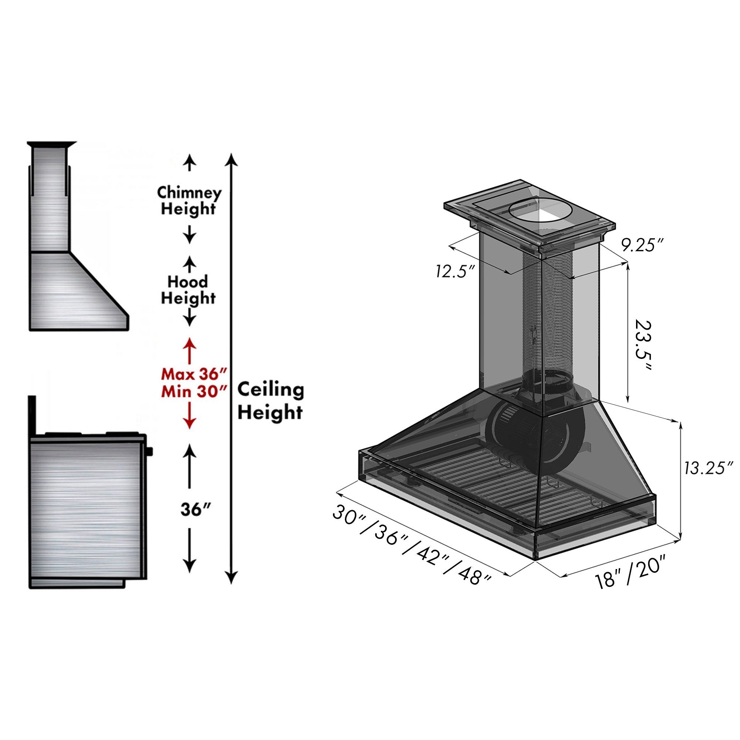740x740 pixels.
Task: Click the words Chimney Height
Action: [189, 201]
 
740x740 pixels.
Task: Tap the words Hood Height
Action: [188, 290]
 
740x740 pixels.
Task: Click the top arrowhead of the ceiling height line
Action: [231, 159]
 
